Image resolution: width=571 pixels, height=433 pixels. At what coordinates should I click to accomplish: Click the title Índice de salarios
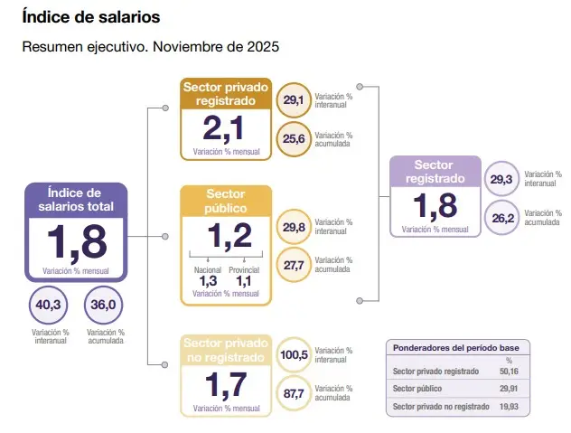click(90, 16)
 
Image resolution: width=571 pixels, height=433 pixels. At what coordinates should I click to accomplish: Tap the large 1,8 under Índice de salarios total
click(77, 242)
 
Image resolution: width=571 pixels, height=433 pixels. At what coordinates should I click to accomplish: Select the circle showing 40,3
click(48, 306)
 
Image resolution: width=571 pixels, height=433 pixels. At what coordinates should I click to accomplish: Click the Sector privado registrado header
click(226, 93)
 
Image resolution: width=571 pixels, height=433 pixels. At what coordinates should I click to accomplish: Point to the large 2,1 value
click(225, 128)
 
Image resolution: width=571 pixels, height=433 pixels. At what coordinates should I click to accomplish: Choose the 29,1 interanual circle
click(294, 99)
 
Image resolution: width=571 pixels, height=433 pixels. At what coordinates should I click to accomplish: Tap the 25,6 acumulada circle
click(294, 138)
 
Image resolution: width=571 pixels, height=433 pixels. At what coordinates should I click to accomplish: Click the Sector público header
click(226, 201)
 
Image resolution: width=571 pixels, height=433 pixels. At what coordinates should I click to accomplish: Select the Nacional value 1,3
click(207, 281)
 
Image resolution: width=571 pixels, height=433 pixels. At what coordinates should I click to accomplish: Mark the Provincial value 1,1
click(245, 281)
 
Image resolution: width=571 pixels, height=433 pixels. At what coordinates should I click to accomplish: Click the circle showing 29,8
click(294, 227)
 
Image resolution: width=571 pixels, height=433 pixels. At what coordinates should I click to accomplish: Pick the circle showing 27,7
click(294, 266)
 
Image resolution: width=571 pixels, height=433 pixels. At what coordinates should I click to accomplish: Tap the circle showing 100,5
click(294, 354)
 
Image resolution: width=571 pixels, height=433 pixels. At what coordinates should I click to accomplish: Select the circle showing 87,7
click(294, 393)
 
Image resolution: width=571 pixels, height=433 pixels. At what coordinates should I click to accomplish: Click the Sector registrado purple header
click(434, 172)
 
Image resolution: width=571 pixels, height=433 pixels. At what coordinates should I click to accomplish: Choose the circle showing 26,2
click(501, 217)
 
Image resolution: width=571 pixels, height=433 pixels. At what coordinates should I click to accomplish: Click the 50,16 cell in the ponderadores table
click(509, 371)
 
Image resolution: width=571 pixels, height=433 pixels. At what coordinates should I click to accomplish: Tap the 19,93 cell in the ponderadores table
click(509, 407)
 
